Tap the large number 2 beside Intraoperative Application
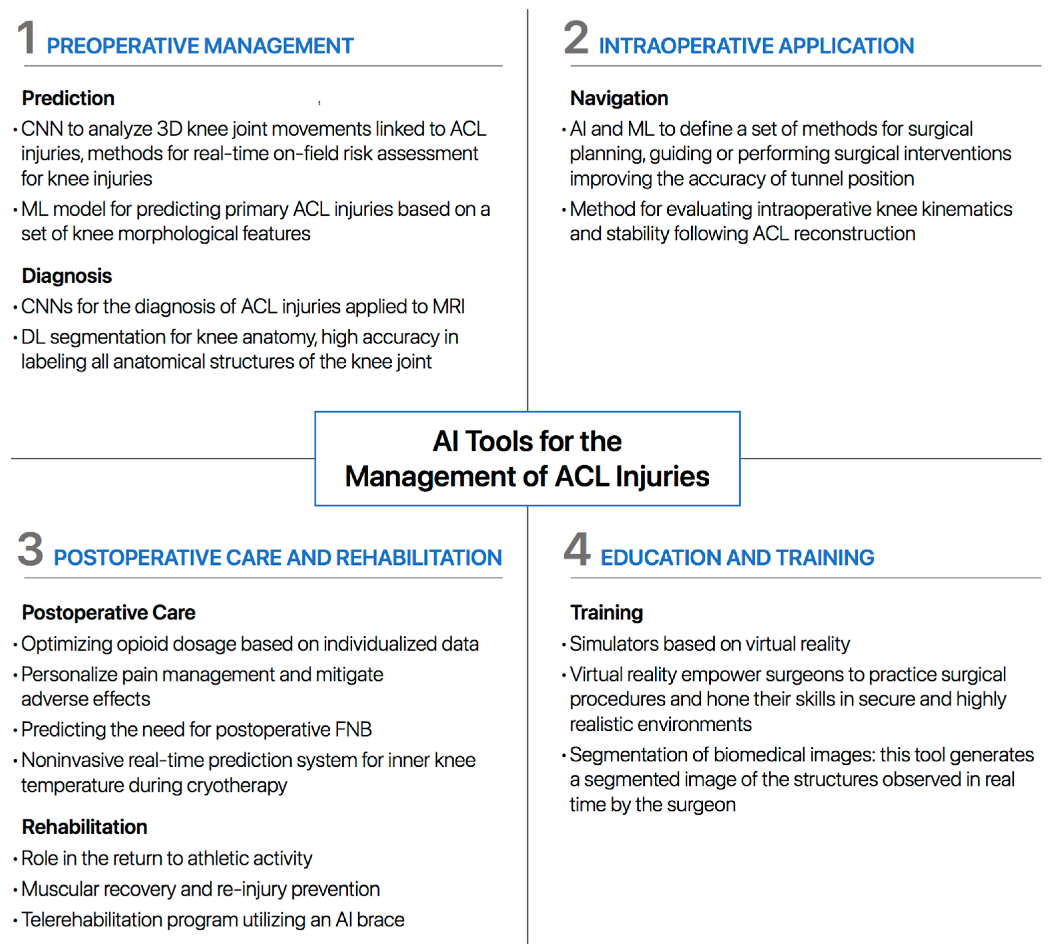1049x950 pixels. (576, 38)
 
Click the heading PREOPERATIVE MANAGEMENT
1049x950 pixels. (200, 46)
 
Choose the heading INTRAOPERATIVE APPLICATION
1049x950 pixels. (756, 46)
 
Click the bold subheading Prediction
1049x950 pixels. (68, 98)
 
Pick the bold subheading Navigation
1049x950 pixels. (619, 98)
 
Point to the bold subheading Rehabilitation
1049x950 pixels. (84, 827)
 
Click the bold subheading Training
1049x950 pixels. (606, 613)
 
